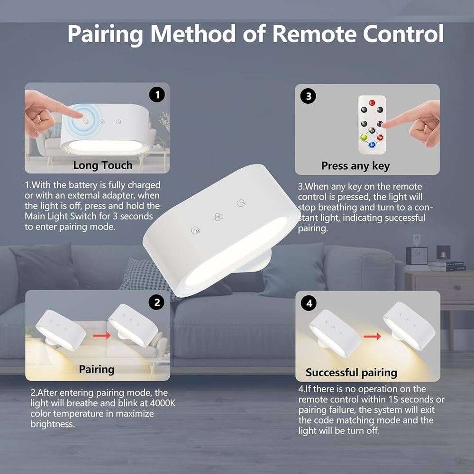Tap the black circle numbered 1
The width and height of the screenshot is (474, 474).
coord(157,95)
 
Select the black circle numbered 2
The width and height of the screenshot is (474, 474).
coord(157,302)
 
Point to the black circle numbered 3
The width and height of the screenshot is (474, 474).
coord(308,96)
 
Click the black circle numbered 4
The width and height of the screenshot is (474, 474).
coord(309,303)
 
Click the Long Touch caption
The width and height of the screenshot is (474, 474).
coord(102,165)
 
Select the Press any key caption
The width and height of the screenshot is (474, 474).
coord(355,166)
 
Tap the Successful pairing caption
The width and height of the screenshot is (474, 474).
coord(351,373)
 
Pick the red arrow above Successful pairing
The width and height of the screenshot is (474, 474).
coord(373,337)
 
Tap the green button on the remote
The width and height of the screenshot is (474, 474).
coord(364,138)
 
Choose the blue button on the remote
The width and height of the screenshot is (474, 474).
coord(372,145)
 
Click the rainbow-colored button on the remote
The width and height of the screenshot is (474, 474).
coord(372,128)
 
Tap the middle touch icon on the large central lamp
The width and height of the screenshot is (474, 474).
coord(218,216)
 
